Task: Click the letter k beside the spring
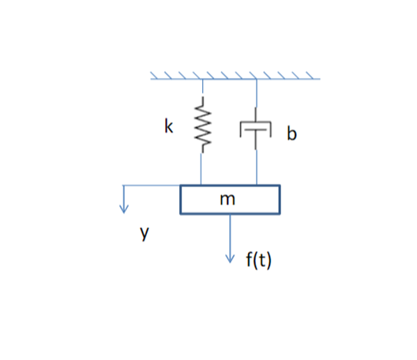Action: coord(169,127)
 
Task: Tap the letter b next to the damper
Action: coord(291,134)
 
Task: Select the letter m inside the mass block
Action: coord(227,200)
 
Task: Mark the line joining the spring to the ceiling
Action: coord(203,88)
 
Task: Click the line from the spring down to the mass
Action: coord(203,167)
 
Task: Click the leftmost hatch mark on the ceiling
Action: coord(155,75)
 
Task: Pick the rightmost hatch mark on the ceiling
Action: coord(314,75)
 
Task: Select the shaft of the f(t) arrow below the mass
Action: coord(231,234)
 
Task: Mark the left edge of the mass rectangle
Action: coord(181,200)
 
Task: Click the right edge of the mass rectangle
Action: coord(280,200)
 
